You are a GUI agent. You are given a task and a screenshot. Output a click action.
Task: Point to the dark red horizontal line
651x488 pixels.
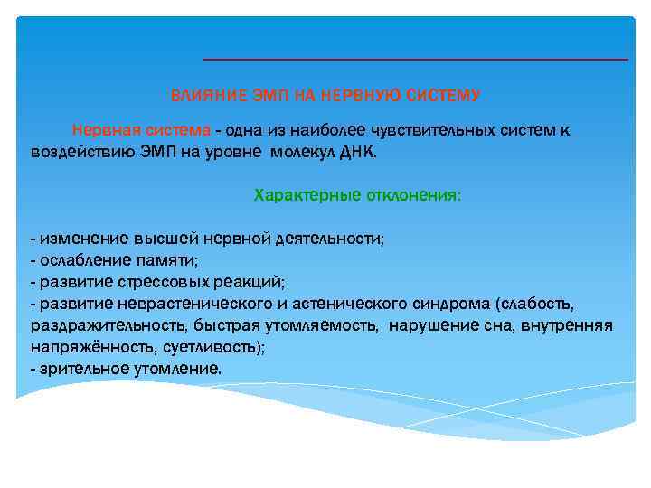tap(414, 59)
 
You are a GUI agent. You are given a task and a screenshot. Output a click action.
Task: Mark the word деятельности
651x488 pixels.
tap(329, 239)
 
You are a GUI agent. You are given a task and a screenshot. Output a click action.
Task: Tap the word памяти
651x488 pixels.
tap(162, 260)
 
